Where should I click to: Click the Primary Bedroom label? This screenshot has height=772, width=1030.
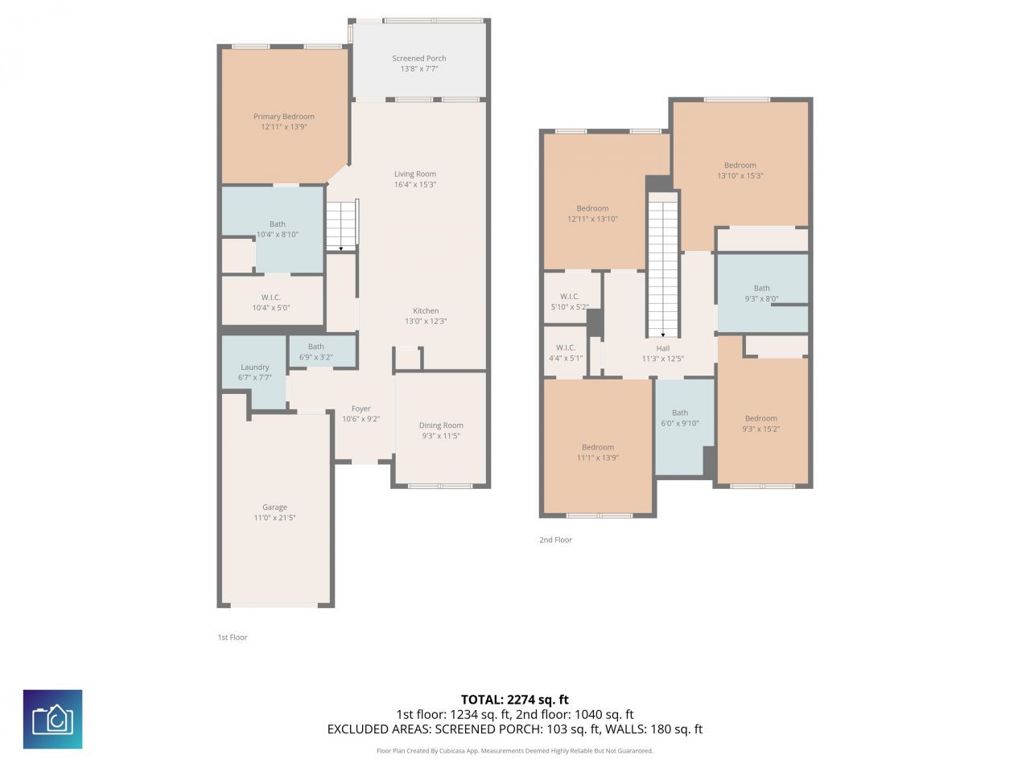click(x=283, y=117)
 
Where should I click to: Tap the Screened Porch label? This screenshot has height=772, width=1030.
click(x=418, y=59)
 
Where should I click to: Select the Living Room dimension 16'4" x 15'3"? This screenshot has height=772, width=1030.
click(x=415, y=185)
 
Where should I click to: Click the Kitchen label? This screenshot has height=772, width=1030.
click(x=426, y=311)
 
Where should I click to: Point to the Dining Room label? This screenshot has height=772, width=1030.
click(x=441, y=425)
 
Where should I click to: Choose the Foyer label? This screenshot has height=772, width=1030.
click(x=360, y=409)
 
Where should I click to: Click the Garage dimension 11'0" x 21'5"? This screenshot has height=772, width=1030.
click(x=274, y=518)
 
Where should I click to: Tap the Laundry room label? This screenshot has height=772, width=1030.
click(x=254, y=368)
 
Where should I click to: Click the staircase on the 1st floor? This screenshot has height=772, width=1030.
click(x=341, y=225)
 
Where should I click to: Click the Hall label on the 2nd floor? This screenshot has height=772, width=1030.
click(x=662, y=348)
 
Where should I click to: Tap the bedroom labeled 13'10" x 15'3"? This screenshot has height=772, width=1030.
click(x=740, y=170)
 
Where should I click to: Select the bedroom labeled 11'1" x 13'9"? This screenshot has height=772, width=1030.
click(x=598, y=453)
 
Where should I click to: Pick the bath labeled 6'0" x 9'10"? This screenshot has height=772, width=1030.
click(x=680, y=418)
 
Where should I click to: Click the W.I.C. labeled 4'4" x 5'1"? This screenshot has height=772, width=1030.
click(x=566, y=353)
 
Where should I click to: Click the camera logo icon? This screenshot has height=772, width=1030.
click(x=52, y=719)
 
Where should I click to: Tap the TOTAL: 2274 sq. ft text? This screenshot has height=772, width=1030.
click(x=514, y=700)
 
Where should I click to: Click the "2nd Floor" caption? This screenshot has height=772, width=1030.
click(x=555, y=540)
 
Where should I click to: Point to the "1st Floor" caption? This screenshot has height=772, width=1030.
click(x=232, y=637)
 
